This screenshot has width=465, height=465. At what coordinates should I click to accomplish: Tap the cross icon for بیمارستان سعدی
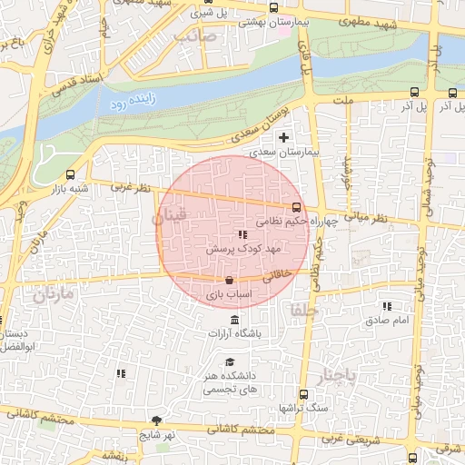pyautogui.click(x=284, y=138)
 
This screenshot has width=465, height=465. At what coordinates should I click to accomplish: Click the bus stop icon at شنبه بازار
pyautogui.click(x=71, y=175)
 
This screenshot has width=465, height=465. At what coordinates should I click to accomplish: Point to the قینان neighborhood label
pyautogui.click(x=170, y=216)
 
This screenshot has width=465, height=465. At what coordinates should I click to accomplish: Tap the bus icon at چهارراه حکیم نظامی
pyautogui.click(x=295, y=207)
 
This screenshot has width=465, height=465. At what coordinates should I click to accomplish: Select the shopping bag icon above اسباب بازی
pyautogui.click(x=228, y=280)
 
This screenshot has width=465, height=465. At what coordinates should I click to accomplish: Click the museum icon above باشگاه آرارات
pyautogui.click(x=235, y=320)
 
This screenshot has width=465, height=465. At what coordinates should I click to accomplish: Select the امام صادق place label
pyautogui.click(x=388, y=321)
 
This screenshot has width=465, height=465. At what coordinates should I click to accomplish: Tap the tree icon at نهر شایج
pyautogui.click(x=156, y=420)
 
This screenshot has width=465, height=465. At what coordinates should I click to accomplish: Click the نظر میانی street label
pyautogui.click(x=367, y=219)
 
